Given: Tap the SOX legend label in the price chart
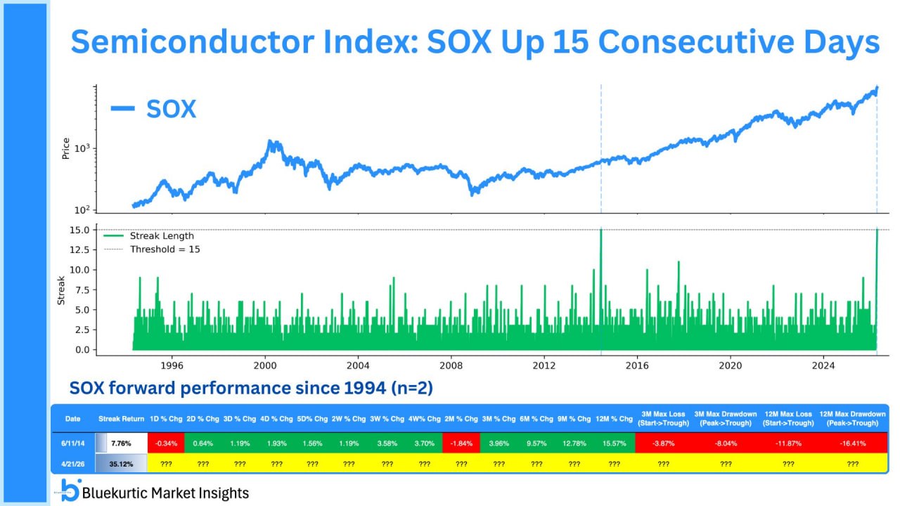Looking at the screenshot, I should [171, 109].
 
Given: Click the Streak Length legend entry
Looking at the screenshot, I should [162, 236].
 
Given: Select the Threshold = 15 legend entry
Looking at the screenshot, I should [165, 249].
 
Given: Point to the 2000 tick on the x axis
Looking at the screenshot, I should [265, 365].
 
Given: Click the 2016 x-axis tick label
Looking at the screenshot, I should [637, 365].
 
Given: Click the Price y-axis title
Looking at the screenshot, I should [66, 148].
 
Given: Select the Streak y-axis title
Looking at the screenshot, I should [60, 290].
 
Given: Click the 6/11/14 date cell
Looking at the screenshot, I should [72, 443].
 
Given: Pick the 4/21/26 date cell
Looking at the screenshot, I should [72, 464].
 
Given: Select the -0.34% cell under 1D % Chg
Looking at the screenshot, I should [166, 443].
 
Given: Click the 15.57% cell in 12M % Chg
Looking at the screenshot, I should [614, 443].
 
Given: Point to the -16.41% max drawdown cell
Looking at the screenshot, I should [853, 443].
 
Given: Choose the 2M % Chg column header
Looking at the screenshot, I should [461, 419].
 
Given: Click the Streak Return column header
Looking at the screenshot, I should [122, 419].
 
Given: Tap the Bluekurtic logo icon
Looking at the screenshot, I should [69, 490].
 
